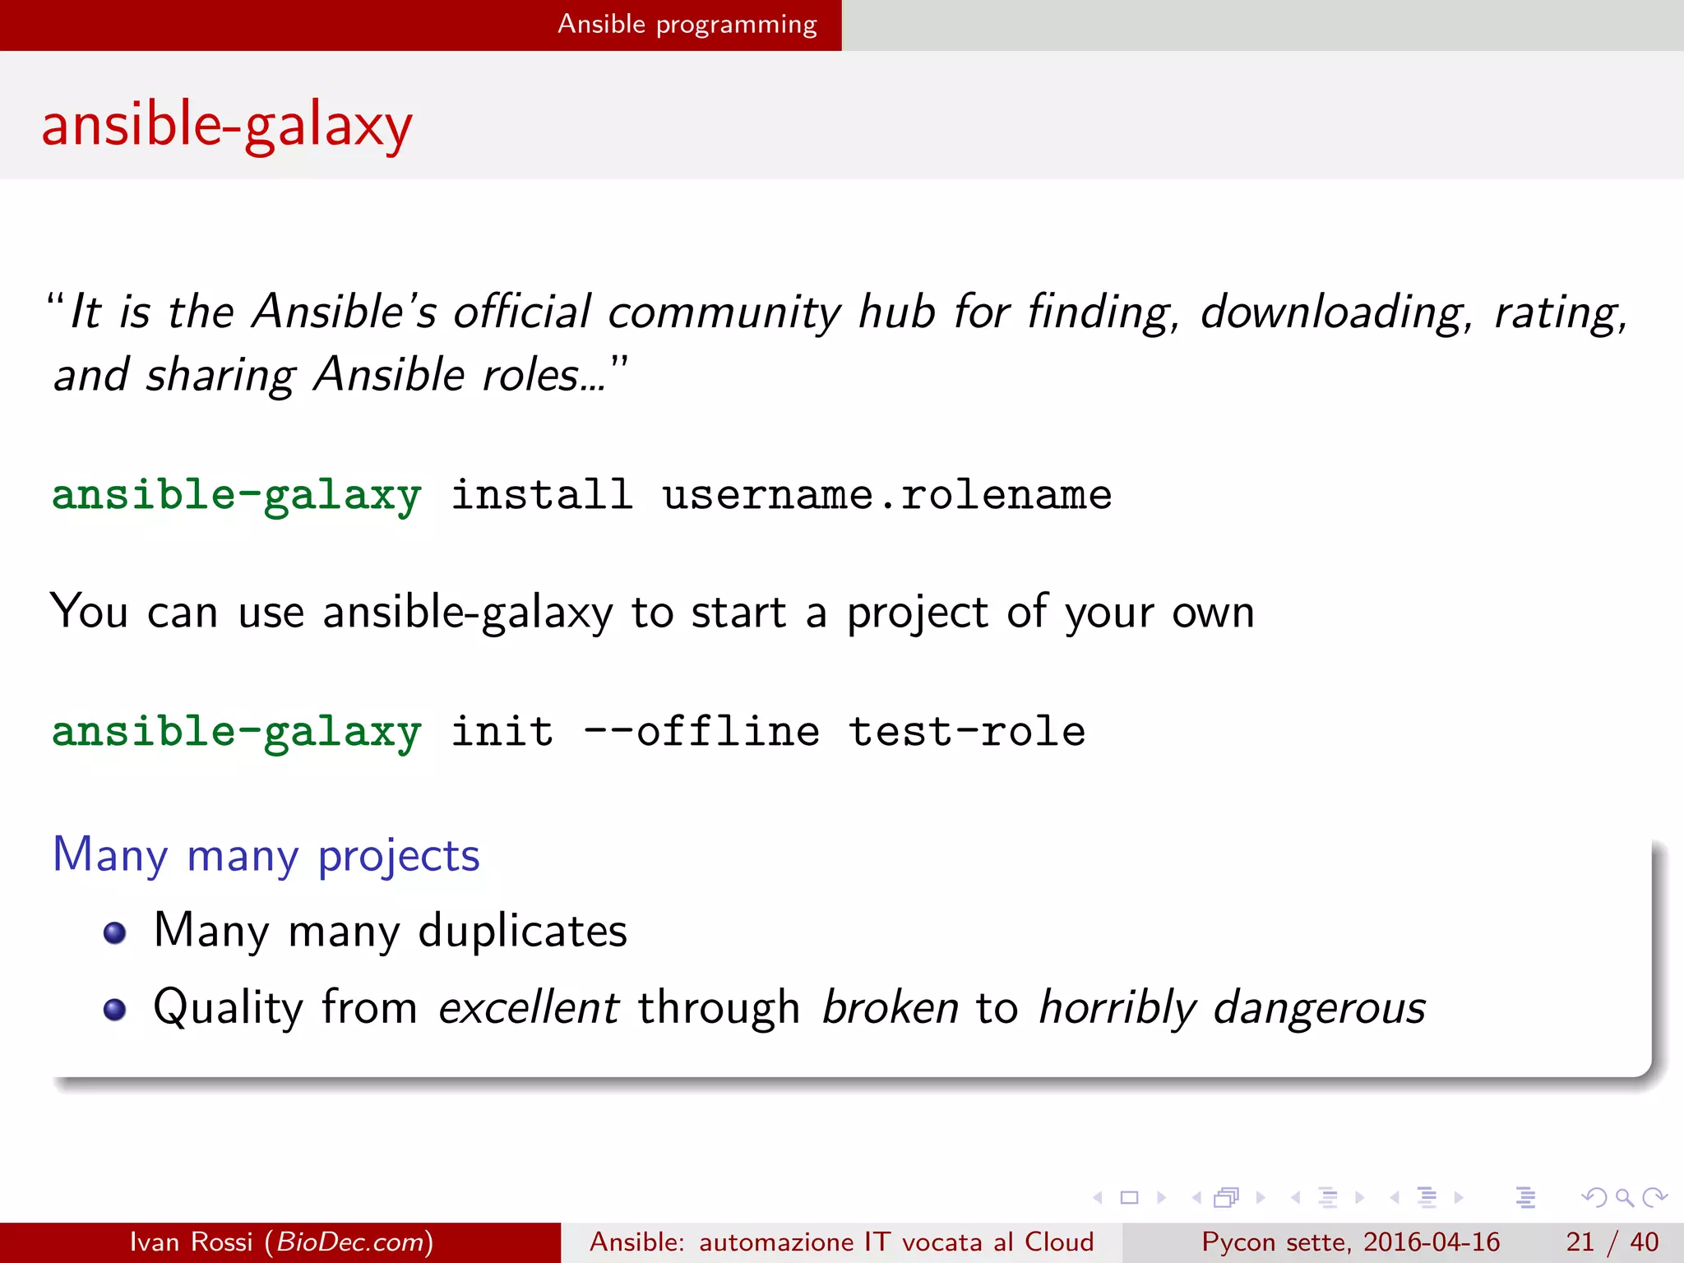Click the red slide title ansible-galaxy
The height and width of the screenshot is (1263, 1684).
pos(227,126)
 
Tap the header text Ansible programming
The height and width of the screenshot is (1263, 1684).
pos(687,25)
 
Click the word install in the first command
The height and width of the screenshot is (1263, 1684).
pos(542,495)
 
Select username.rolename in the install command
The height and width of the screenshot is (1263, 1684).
pos(886,495)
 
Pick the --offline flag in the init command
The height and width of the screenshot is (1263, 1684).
pos(701,732)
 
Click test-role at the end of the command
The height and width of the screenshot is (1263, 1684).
pos(966,732)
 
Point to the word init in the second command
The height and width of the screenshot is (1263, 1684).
pos(502,732)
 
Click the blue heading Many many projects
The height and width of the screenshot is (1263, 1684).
pos(266,855)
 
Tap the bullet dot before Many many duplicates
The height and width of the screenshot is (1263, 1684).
pos(115,932)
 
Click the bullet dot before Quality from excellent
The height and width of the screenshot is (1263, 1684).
pos(115,1009)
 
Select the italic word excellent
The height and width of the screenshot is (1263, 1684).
pos(528,1007)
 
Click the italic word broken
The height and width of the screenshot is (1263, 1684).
pos(890,1007)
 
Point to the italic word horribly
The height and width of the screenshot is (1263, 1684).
pos(1117,1007)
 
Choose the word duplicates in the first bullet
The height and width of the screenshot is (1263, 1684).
pos(522,931)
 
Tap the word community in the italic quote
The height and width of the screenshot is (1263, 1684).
pos(724,313)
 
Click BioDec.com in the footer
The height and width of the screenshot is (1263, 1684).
pos(349,1242)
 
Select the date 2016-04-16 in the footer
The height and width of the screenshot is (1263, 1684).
pos(1432,1242)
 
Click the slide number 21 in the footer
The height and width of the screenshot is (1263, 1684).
pos(1580,1242)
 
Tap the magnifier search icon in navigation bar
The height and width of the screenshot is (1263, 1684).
pos(1624,1197)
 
